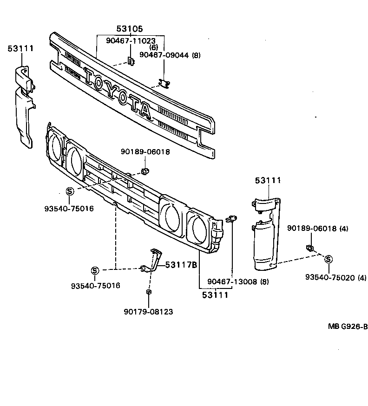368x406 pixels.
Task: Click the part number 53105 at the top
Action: pyautogui.click(x=130, y=29)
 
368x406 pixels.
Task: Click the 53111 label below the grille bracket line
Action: pyautogui.click(x=215, y=295)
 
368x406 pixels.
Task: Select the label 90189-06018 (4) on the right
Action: pyautogui.click(x=317, y=228)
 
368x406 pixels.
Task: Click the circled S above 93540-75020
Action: pyautogui.click(x=329, y=259)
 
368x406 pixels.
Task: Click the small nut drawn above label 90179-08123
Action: pyautogui.click(x=149, y=292)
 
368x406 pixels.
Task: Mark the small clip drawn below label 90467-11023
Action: pyautogui.click(x=131, y=60)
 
